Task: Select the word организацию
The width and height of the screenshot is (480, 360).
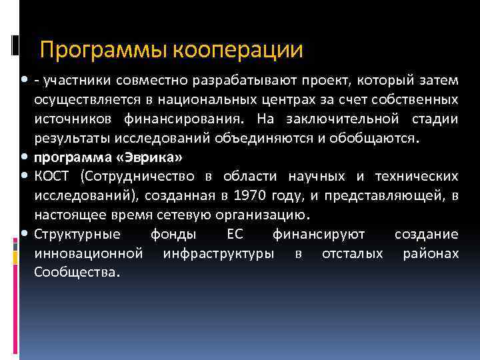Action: [269, 215]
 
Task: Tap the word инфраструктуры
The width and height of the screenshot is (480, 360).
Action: [219, 254]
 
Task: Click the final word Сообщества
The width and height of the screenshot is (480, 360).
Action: [77, 273]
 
